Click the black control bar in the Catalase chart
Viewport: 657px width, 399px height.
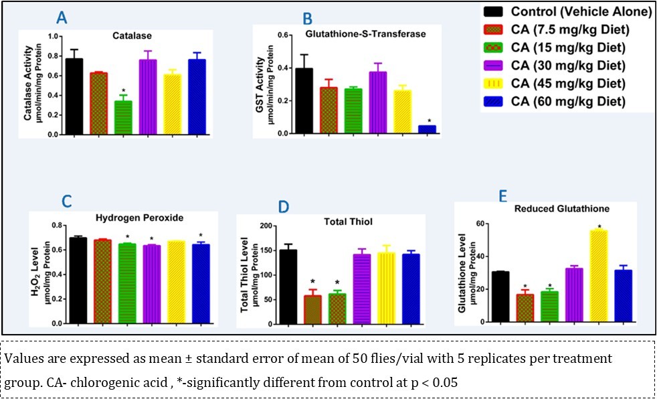(74, 96)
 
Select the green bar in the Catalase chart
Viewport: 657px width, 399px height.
(123, 118)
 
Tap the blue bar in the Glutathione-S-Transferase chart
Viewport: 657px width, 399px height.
(427, 130)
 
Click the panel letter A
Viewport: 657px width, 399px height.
(62, 18)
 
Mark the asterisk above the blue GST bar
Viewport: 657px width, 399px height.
(429, 121)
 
